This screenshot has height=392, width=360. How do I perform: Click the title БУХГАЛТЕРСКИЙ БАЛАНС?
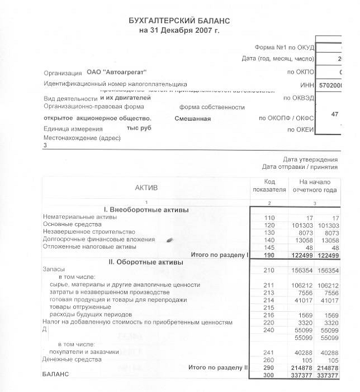coord(179,20)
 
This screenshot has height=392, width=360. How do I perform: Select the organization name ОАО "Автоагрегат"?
coord(117,73)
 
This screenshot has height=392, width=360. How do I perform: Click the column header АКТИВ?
coord(146,187)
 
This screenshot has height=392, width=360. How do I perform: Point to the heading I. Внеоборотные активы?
coord(146,210)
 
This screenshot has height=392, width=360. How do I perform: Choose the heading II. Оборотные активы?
coord(146,262)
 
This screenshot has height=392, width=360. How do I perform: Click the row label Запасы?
coord(54,271)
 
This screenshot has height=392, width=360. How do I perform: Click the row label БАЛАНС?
coord(56,374)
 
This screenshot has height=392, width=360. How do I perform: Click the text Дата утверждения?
coord(310,159)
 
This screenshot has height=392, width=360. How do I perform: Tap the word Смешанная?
coord(192,119)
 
